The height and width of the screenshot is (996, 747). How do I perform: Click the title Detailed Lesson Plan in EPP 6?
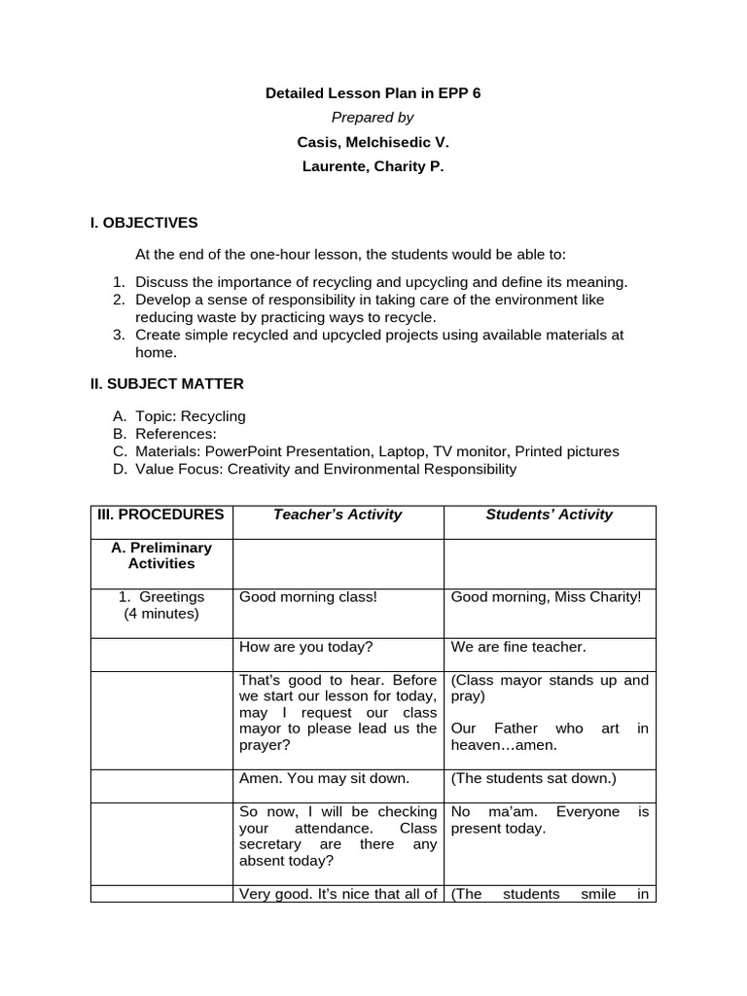373,93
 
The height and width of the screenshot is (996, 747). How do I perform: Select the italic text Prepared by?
373,118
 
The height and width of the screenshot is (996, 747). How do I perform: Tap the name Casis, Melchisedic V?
373,142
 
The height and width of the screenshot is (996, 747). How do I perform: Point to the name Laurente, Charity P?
373,166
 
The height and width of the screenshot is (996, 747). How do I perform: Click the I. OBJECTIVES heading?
144,223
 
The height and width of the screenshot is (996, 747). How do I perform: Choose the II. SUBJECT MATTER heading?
167,383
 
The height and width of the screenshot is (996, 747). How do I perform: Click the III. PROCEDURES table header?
160,515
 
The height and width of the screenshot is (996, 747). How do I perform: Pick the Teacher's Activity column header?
338,515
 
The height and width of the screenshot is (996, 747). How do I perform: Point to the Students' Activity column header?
550,515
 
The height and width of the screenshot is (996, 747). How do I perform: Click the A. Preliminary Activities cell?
161,555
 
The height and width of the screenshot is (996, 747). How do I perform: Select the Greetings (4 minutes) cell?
161,605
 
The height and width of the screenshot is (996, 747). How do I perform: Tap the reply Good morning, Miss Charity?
547,596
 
